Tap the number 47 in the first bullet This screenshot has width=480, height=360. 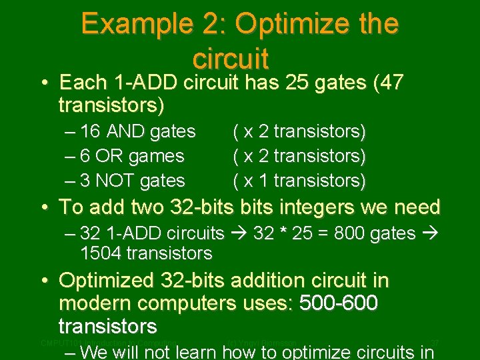tap(393, 83)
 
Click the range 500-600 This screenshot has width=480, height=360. tap(339, 303)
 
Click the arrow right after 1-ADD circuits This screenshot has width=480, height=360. tap(237, 233)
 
